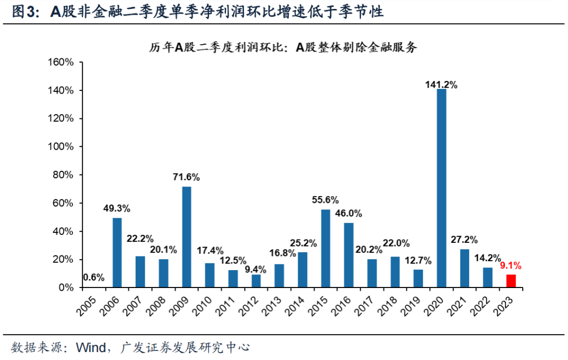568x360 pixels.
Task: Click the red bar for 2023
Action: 511,281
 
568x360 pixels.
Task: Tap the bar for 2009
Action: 186,237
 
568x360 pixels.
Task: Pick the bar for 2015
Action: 326,248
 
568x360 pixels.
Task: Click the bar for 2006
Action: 117,253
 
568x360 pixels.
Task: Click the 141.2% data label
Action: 441,84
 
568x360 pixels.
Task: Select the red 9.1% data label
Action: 511,266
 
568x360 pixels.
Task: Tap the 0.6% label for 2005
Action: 93,277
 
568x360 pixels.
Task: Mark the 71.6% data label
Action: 186,177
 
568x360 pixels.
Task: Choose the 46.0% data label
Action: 349,213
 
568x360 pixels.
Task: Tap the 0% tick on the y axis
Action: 66,287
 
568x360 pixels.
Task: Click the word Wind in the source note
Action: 91,347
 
